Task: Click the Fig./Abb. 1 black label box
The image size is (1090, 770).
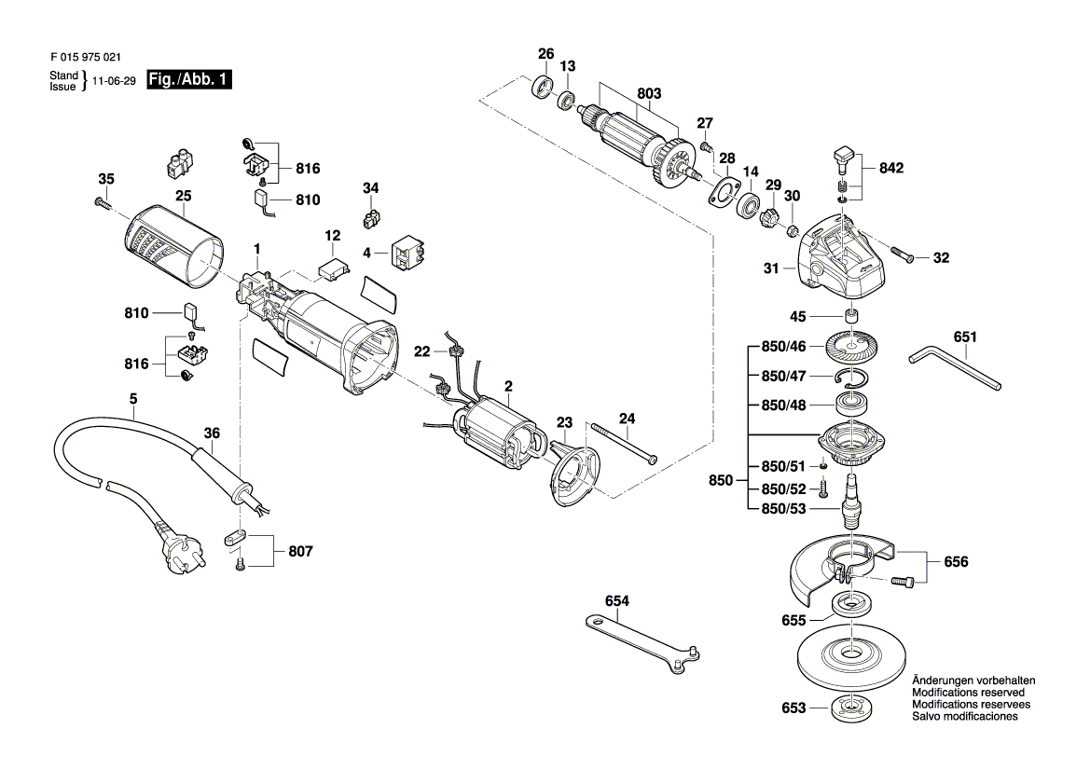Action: [189, 80]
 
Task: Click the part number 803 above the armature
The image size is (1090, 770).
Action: [649, 93]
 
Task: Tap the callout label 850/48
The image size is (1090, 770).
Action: [783, 406]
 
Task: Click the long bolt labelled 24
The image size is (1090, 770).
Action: [624, 443]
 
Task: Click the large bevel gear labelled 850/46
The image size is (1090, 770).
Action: [853, 347]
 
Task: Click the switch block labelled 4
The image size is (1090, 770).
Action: [408, 253]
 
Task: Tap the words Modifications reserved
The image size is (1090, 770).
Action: [968, 693]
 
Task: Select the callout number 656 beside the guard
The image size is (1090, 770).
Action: [956, 561]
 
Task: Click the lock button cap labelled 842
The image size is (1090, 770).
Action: [844, 158]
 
